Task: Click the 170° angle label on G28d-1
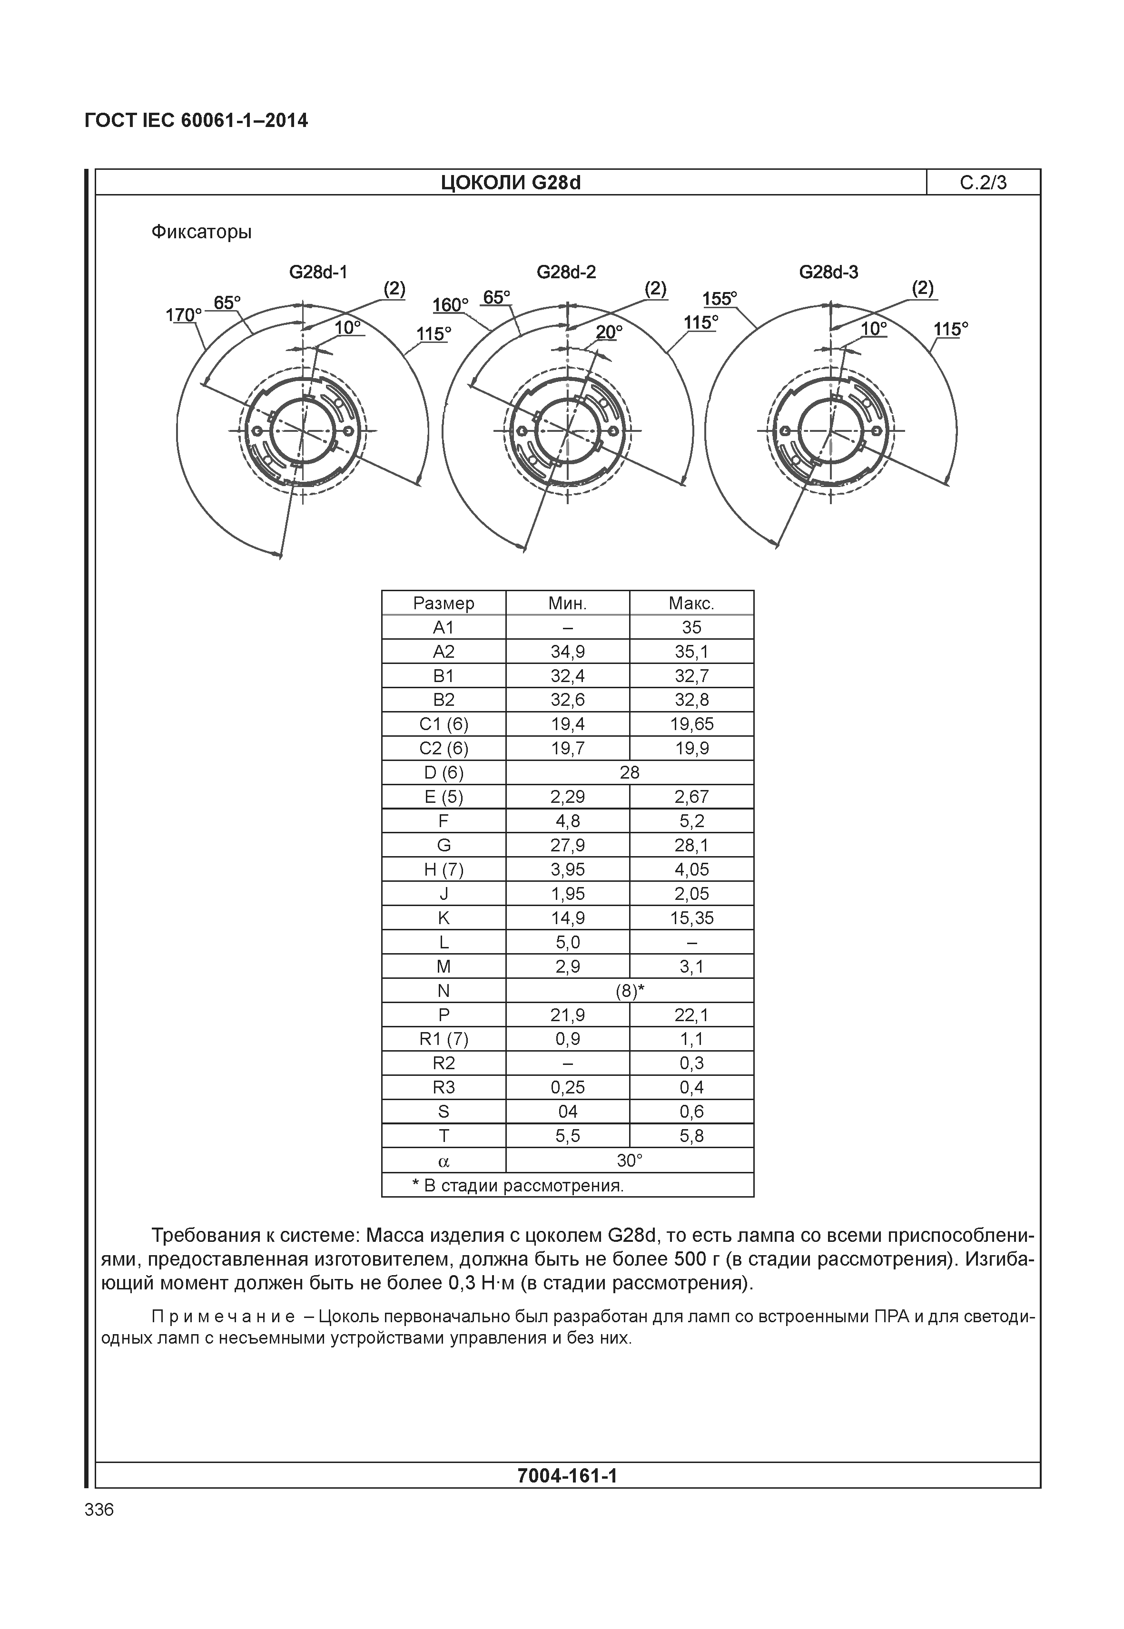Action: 183,315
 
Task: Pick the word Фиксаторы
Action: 201,232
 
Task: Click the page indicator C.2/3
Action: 983,183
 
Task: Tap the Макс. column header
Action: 691,603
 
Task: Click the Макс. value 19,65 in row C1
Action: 691,724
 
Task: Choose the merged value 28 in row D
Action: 629,773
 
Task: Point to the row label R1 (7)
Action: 443,1039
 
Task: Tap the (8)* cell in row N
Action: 629,991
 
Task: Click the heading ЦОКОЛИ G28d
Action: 511,183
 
